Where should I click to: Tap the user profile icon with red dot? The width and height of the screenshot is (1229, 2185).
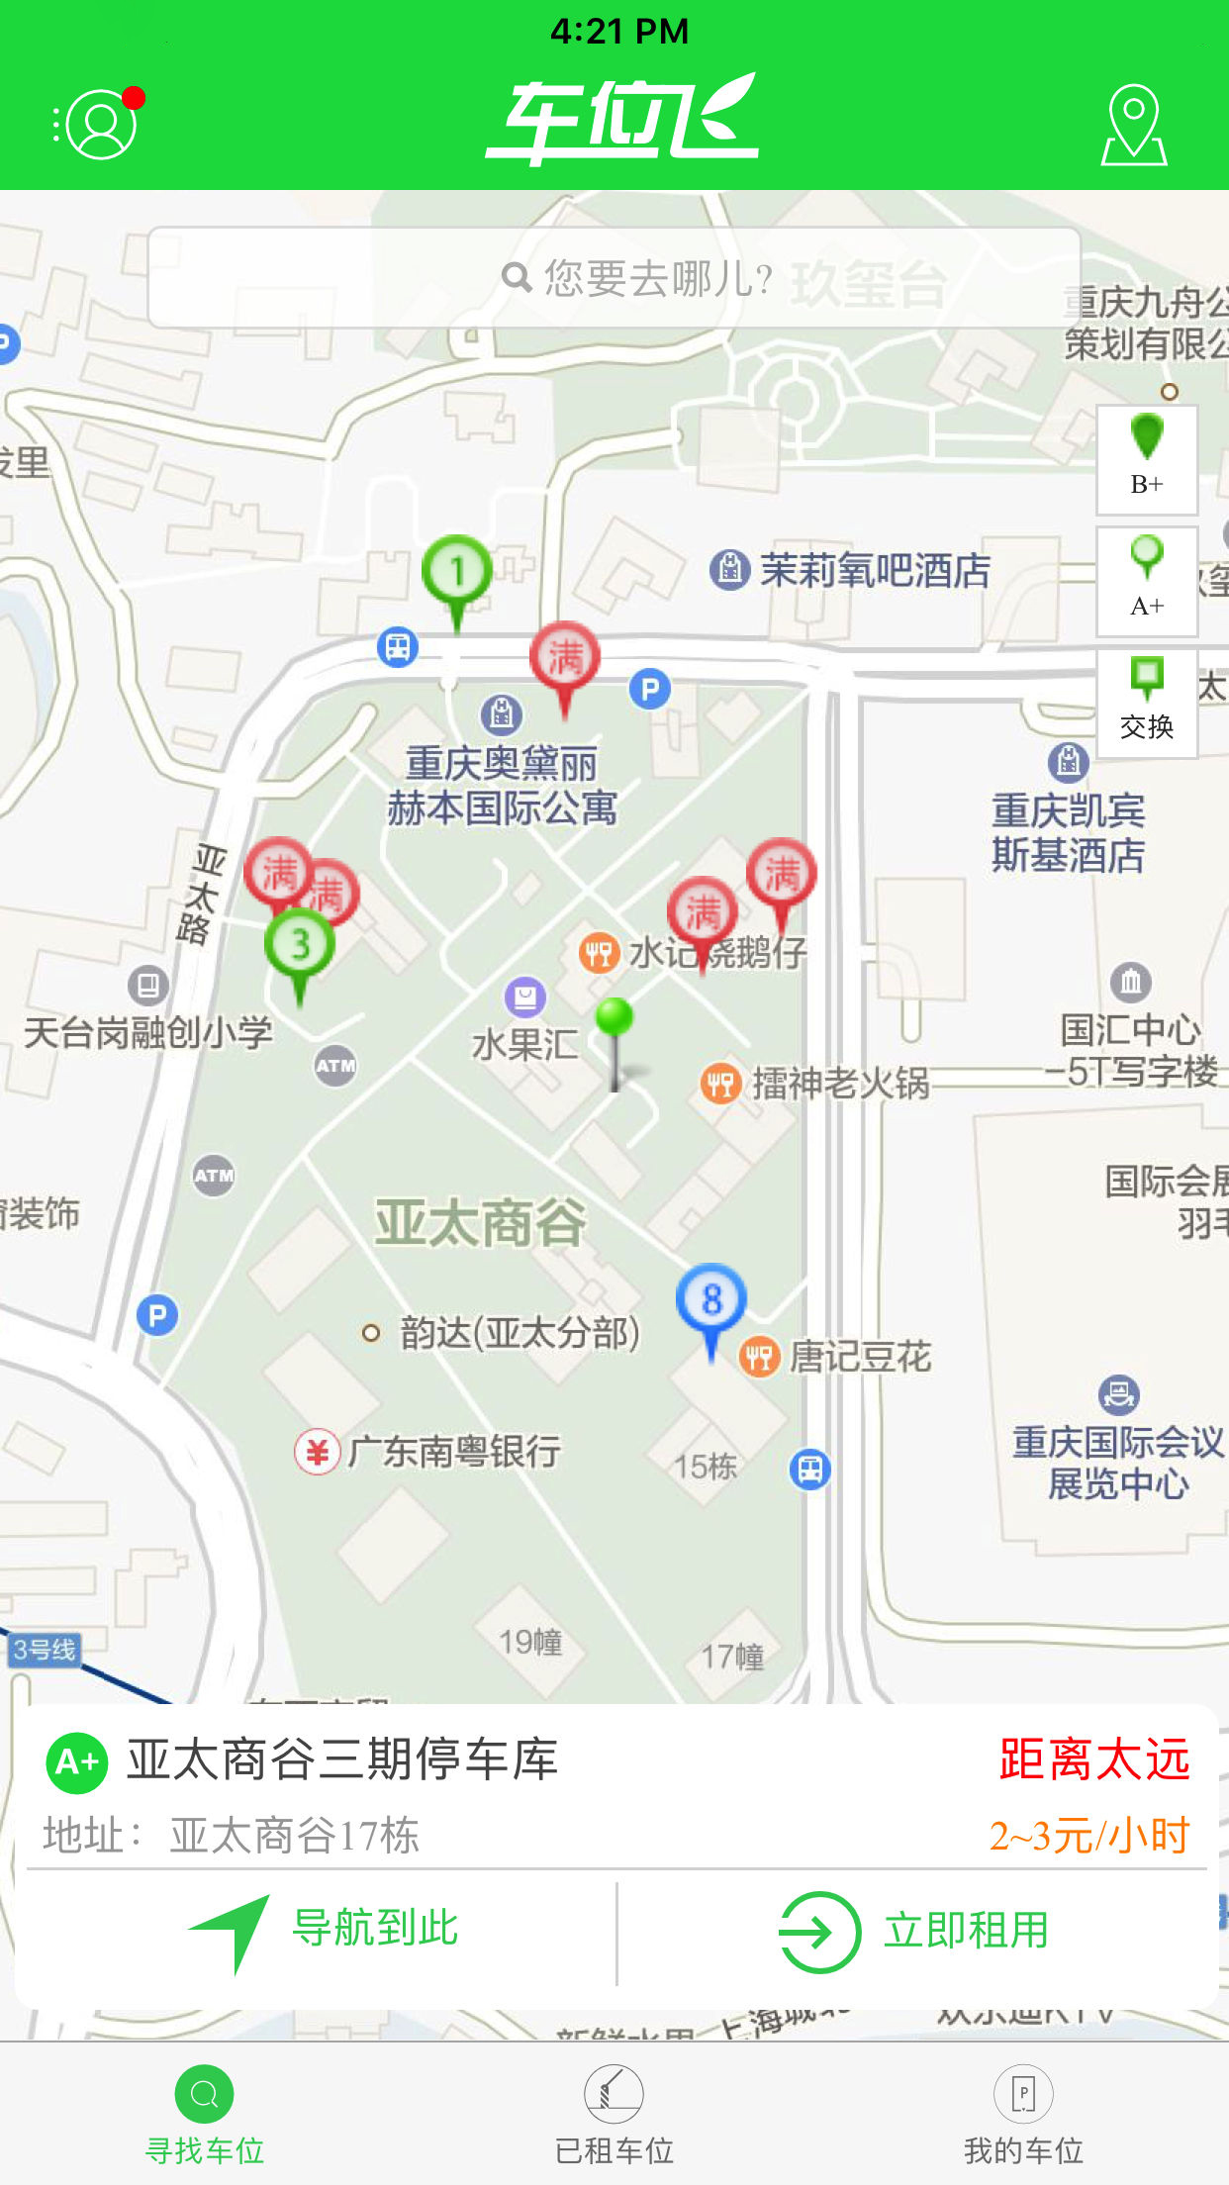100,124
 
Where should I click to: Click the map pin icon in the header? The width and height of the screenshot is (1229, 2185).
1134,125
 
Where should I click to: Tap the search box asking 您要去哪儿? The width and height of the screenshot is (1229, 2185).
614,278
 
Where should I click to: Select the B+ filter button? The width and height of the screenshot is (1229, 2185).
1147,459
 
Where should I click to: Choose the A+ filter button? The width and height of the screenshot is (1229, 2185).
1147,581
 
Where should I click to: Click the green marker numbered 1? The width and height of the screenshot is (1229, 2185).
456,572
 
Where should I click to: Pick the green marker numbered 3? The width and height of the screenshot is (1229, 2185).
300,945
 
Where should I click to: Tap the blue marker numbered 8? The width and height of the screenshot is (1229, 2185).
710,1300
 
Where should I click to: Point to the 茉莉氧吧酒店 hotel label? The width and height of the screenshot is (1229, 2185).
874,571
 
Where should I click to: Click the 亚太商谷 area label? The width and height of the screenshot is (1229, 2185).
480,1222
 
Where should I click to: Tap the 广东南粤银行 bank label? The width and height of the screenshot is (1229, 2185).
453,1452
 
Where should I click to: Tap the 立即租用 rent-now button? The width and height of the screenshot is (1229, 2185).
915,1931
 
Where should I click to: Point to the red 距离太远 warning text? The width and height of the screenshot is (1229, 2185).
1093,1760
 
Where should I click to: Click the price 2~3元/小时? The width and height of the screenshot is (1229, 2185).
1088,1837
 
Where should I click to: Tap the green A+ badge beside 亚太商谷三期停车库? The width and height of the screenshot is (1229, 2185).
77,1762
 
